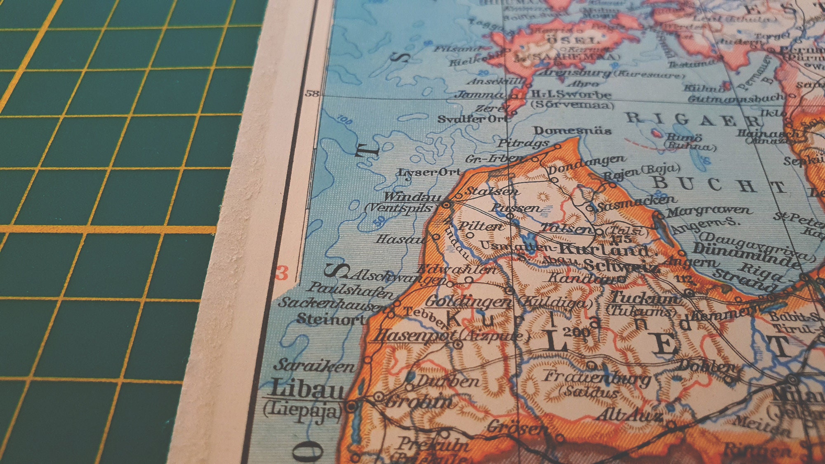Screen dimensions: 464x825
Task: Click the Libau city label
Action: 307,389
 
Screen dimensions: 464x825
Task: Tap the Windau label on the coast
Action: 412,197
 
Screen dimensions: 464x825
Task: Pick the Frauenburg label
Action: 596,377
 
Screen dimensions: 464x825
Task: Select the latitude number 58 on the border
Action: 312,94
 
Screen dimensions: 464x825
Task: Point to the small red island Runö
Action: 656,133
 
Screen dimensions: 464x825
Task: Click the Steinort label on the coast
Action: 330,319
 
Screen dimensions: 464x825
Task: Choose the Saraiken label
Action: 314,365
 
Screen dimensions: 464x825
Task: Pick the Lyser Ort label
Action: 429,172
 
